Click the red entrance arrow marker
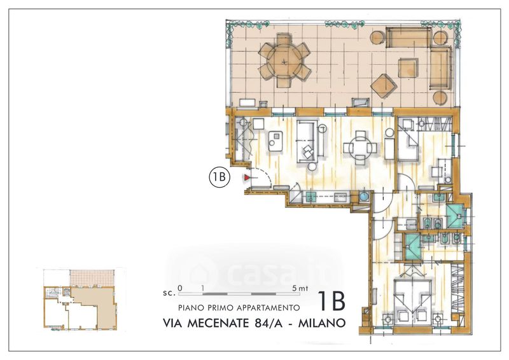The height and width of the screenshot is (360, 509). click(248, 177)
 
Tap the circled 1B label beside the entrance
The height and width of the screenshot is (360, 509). click(220, 177)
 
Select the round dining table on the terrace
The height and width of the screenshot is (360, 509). click(284, 60)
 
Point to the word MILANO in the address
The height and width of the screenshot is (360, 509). click(321, 323)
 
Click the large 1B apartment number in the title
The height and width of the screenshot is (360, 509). click(331, 301)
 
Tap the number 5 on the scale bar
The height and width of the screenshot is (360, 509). click(294, 288)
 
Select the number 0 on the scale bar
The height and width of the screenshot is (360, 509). click(180, 288)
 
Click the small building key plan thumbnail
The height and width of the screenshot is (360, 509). click(80, 299)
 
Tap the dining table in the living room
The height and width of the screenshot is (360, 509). click(360, 148)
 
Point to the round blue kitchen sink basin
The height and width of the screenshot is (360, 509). click(363, 196)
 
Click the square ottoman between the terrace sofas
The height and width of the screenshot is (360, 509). click(408, 67)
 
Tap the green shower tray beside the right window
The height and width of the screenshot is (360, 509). click(456, 216)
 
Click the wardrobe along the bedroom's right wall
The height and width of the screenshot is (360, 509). click(457, 291)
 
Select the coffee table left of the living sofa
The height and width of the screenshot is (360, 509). click(276, 141)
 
